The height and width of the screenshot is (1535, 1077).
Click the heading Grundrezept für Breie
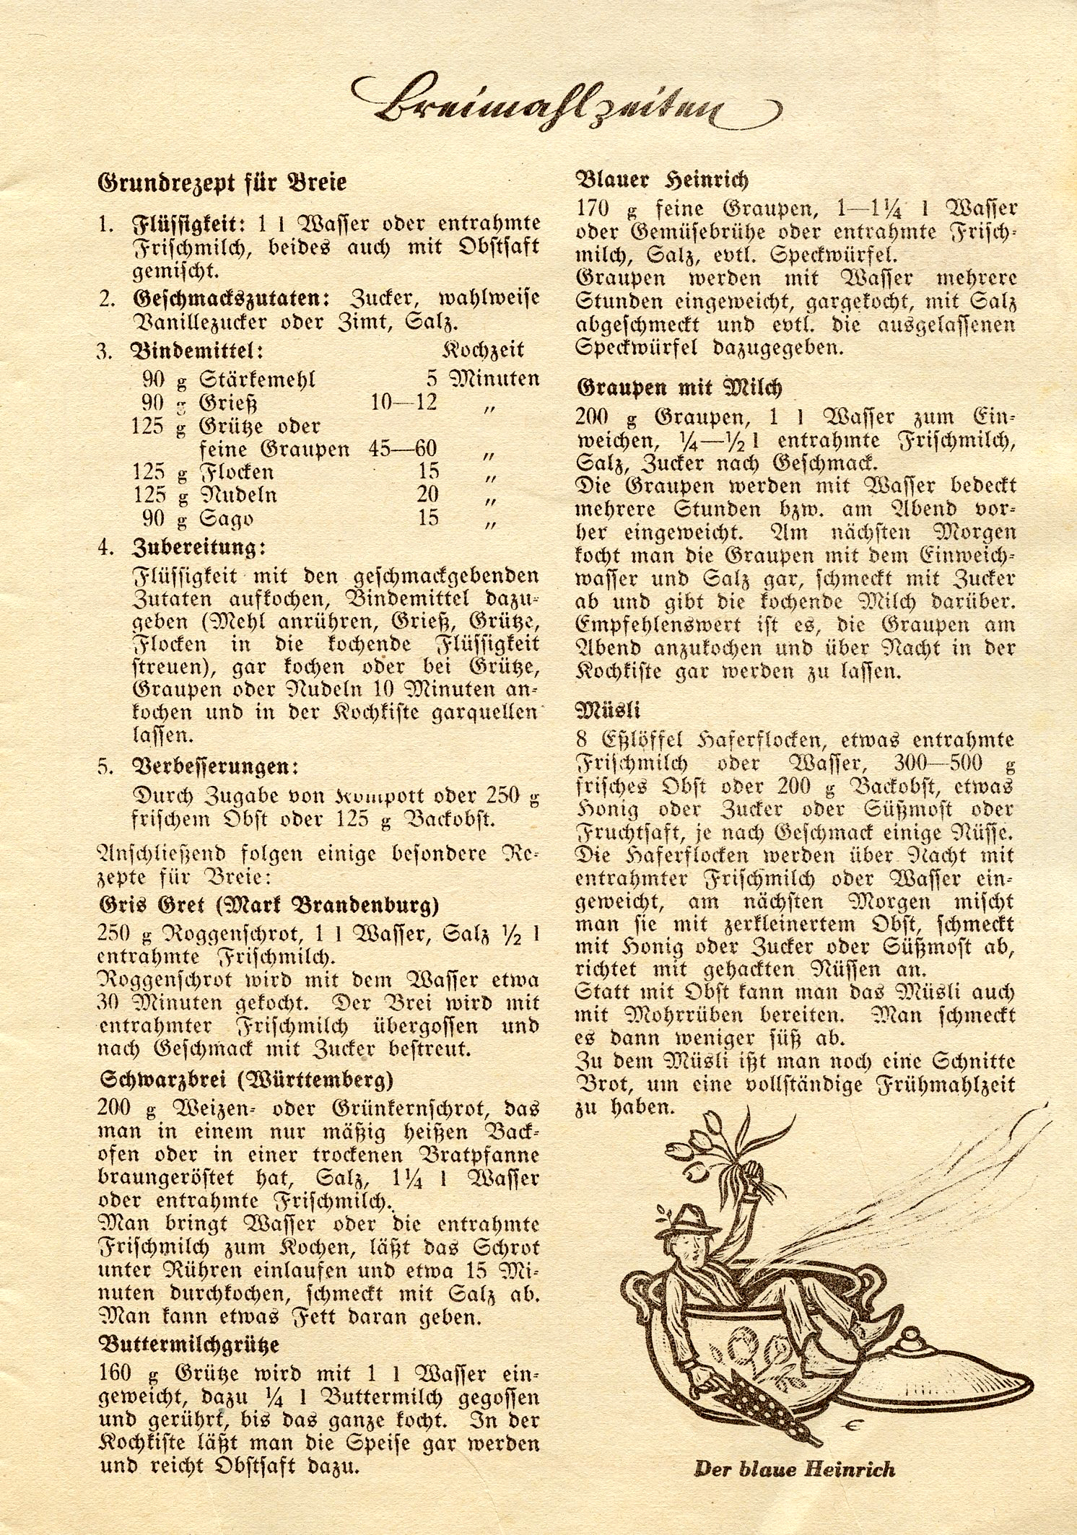(222, 183)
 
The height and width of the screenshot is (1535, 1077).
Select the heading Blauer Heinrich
(662, 180)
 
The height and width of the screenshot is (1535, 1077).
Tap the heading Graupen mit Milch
(679, 388)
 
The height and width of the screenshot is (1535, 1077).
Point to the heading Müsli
(609, 710)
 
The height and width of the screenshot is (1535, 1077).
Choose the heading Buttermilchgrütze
(188, 1345)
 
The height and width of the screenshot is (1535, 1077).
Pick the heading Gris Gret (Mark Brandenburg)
(268, 905)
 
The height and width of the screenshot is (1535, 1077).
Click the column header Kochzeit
(483, 350)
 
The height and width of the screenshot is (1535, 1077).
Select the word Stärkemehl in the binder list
(257, 380)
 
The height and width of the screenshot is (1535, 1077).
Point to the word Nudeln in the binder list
(237, 496)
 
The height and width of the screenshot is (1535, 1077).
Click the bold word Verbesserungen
(215, 766)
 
